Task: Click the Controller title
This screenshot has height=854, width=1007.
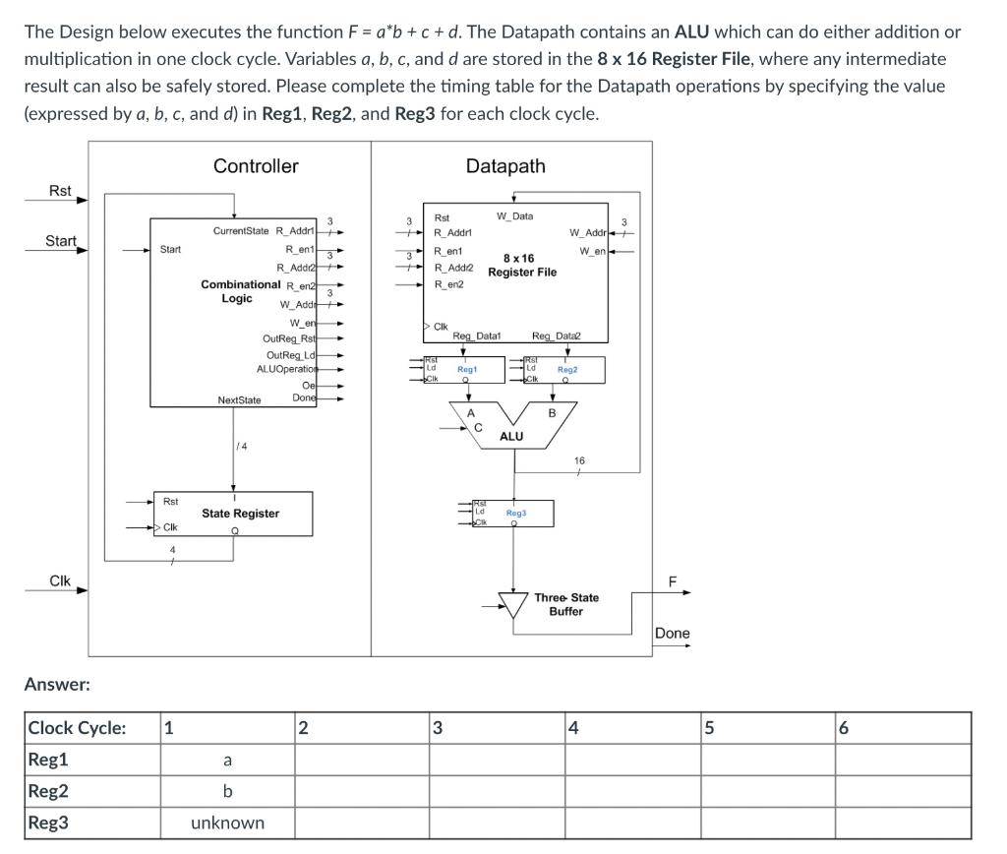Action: tap(256, 166)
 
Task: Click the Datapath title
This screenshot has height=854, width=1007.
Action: tap(505, 166)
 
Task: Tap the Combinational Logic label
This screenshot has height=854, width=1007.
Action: tap(240, 291)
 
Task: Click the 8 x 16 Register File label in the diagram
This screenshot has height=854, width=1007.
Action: tap(521, 266)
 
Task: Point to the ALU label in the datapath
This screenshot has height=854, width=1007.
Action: tap(511, 436)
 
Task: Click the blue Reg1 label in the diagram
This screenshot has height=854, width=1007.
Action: tap(467, 369)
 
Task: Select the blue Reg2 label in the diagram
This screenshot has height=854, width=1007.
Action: tap(566, 370)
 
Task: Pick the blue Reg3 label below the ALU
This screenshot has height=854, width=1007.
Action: tap(516, 513)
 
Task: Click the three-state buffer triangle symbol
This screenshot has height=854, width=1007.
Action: tap(512, 603)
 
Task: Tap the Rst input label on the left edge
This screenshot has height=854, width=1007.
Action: tap(60, 191)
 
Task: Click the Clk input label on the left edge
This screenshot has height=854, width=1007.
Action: tap(60, 580)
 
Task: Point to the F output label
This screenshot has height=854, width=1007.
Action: tap(673, 581)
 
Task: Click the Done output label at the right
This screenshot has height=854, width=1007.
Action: tap(673, 633)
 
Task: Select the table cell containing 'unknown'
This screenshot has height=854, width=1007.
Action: tap(227, 823)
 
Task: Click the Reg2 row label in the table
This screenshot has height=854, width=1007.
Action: tap(48, 791)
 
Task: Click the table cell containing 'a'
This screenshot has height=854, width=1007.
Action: tap(227, 760)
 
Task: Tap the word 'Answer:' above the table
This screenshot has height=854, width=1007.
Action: tap(57, 684)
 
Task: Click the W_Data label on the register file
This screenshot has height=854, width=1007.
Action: tap(515, 216)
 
